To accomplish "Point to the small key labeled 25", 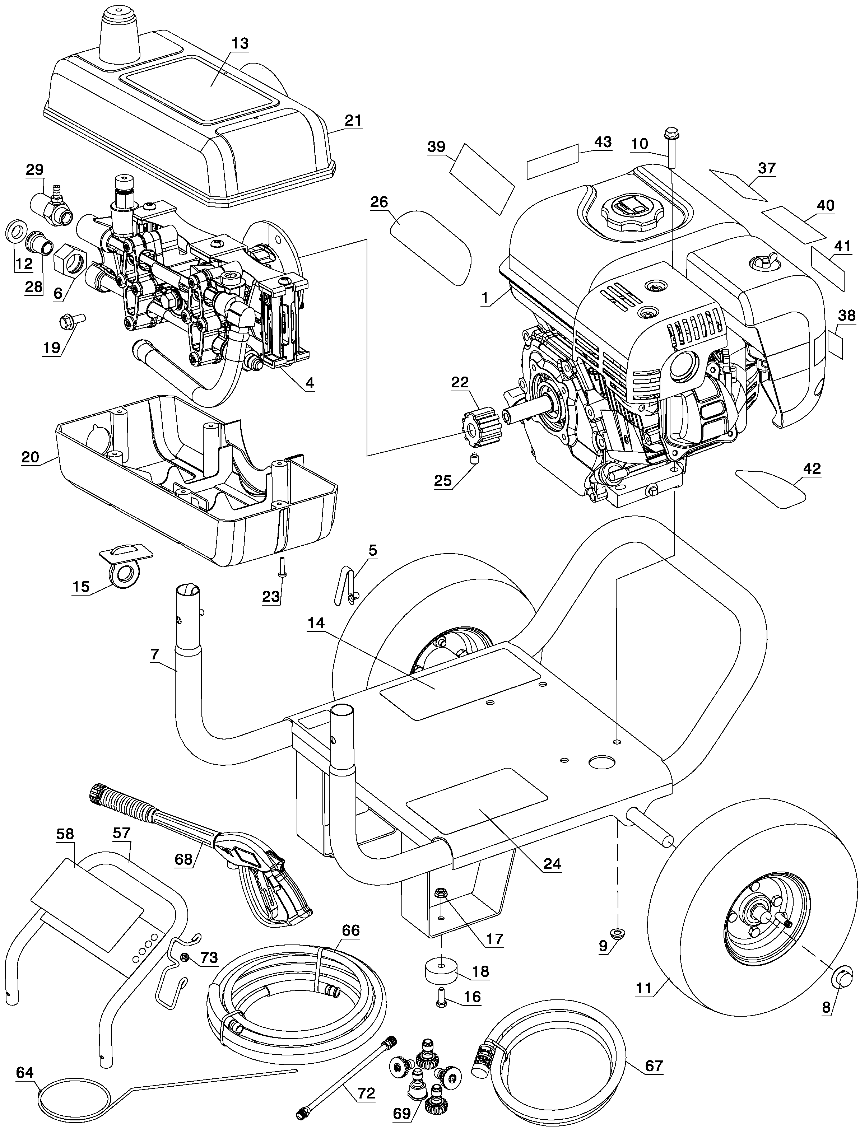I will point(475,458).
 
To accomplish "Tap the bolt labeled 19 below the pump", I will point(71,321).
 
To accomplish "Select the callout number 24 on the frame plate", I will point(552,864).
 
